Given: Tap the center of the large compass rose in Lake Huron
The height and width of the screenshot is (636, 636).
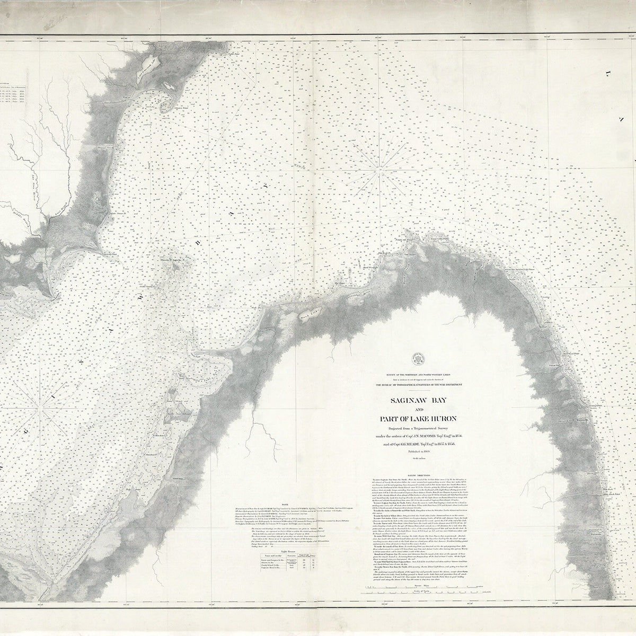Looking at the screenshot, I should point(378,170).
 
